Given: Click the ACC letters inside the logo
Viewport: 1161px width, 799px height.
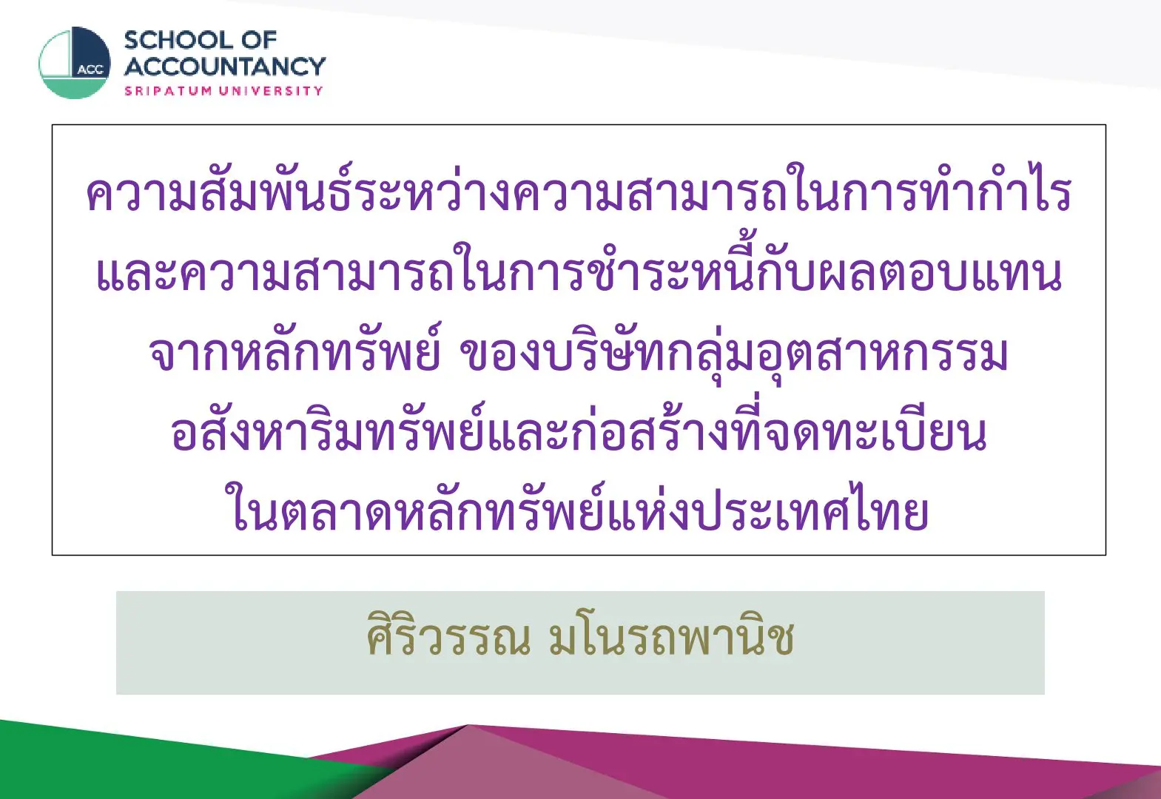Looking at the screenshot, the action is [91, 70].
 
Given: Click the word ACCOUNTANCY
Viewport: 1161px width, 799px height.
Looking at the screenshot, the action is [225, 67].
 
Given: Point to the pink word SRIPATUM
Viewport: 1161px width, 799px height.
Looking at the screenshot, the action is [169, 91].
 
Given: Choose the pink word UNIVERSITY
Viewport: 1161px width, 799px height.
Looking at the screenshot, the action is [271, 91].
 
